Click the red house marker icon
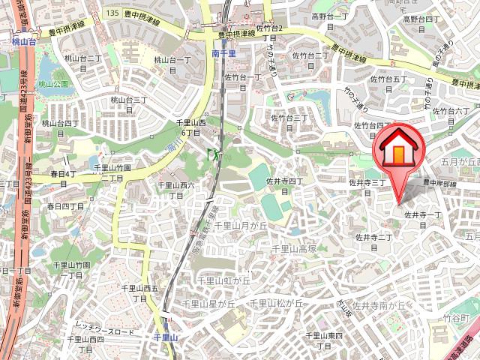pyautogui.click(x=397, y=151)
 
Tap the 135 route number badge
pyautogui.click(x=113, y=13)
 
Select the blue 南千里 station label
pyautogui.click(x=223, y=54)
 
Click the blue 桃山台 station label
pyautogui.click(x=25, y=44)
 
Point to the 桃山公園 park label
pyautogui.click(x=53, y=83)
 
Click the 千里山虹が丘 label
pyautogui.click(x=223, y=280)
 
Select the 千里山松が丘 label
pyautogui.click(x=276, y=304)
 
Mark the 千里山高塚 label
pyautogui.click(x=293, y=248)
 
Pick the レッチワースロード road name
pyautogui.click(x=104, y=331)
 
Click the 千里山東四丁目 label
pyautogui.click(x=325, y=340)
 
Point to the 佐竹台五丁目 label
pyautogui.click(x=390, y=82)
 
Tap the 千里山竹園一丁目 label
pyautogui.click(x=72, y=271)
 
